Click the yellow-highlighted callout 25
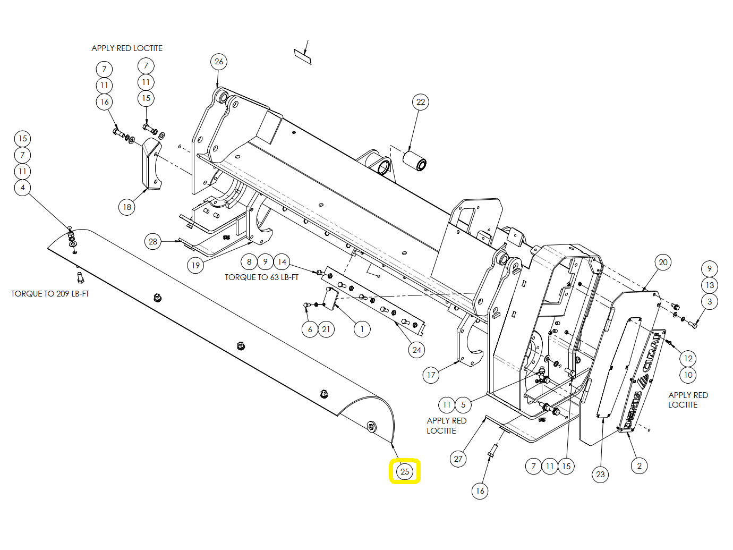404,471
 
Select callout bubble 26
219,62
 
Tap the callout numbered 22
421,102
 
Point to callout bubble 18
127,207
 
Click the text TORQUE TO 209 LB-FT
50,293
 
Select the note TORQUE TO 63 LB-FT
261,277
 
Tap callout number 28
152,241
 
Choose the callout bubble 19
195,266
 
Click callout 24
416,350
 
